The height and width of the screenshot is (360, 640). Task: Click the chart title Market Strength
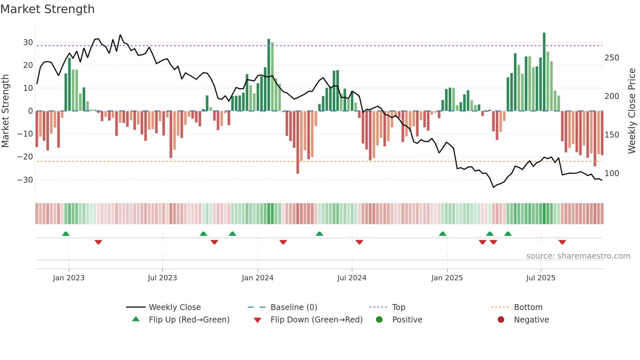pos(47,9)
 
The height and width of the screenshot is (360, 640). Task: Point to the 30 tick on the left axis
pos(28,42)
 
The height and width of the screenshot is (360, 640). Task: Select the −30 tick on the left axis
pos(25,180)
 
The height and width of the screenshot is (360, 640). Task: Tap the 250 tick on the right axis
pos(612,58)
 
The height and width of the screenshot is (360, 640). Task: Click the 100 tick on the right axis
pos(612,173)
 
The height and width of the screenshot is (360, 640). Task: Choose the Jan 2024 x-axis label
pos(258,278)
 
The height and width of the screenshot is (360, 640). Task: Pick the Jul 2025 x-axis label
pos(541,278)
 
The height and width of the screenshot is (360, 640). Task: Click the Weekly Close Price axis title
pos(632,111)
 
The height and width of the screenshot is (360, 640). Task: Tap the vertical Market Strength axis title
pos(5,111)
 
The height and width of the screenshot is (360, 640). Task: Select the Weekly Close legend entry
pos(175,307)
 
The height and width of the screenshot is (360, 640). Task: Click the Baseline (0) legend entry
pos(294,307)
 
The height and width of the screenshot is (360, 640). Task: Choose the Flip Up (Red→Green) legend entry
pos(189,320)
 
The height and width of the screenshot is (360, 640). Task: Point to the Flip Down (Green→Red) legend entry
pos(316,320)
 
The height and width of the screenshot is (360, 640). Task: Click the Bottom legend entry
pos(528,307)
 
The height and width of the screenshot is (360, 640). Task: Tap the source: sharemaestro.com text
pos(578,256)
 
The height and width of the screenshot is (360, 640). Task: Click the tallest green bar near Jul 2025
pos(544,72)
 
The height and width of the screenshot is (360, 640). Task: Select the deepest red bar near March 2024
pos(298,142)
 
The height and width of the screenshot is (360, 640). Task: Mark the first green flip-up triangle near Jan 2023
pos(66,234)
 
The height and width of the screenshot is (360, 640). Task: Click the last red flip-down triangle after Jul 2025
pos(562,242)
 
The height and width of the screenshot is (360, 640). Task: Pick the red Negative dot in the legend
pos(501,320)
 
